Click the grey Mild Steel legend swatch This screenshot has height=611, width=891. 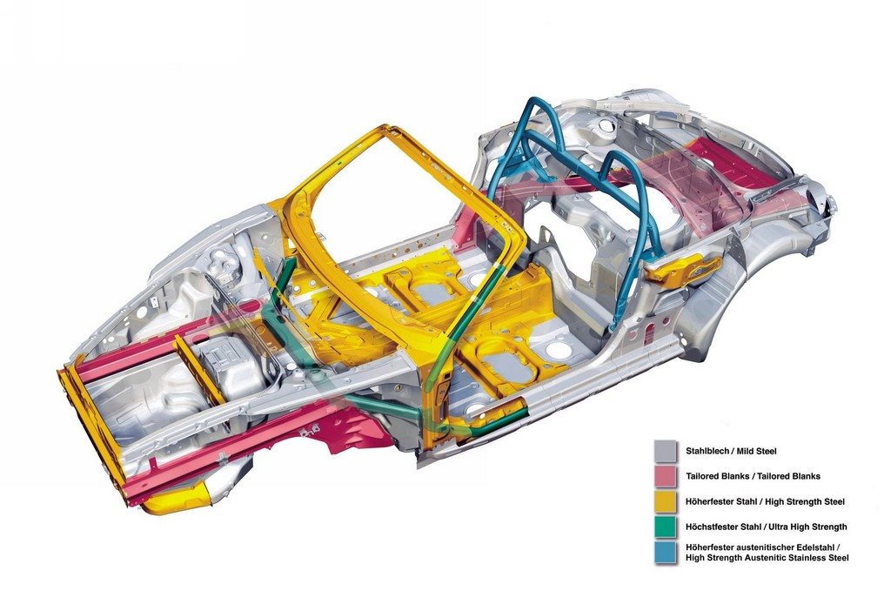point(666,452)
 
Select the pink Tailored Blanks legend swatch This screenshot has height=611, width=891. point(666,476)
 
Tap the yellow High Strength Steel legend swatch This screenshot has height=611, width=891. point(666,501)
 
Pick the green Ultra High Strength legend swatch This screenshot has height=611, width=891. point(666,527)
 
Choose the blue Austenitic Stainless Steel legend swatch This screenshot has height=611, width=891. point(666,553)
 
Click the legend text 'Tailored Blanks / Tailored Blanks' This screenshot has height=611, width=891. point(753,476)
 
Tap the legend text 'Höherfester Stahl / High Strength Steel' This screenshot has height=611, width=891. point(765,501)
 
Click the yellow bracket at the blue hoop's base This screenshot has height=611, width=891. point(684,268)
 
